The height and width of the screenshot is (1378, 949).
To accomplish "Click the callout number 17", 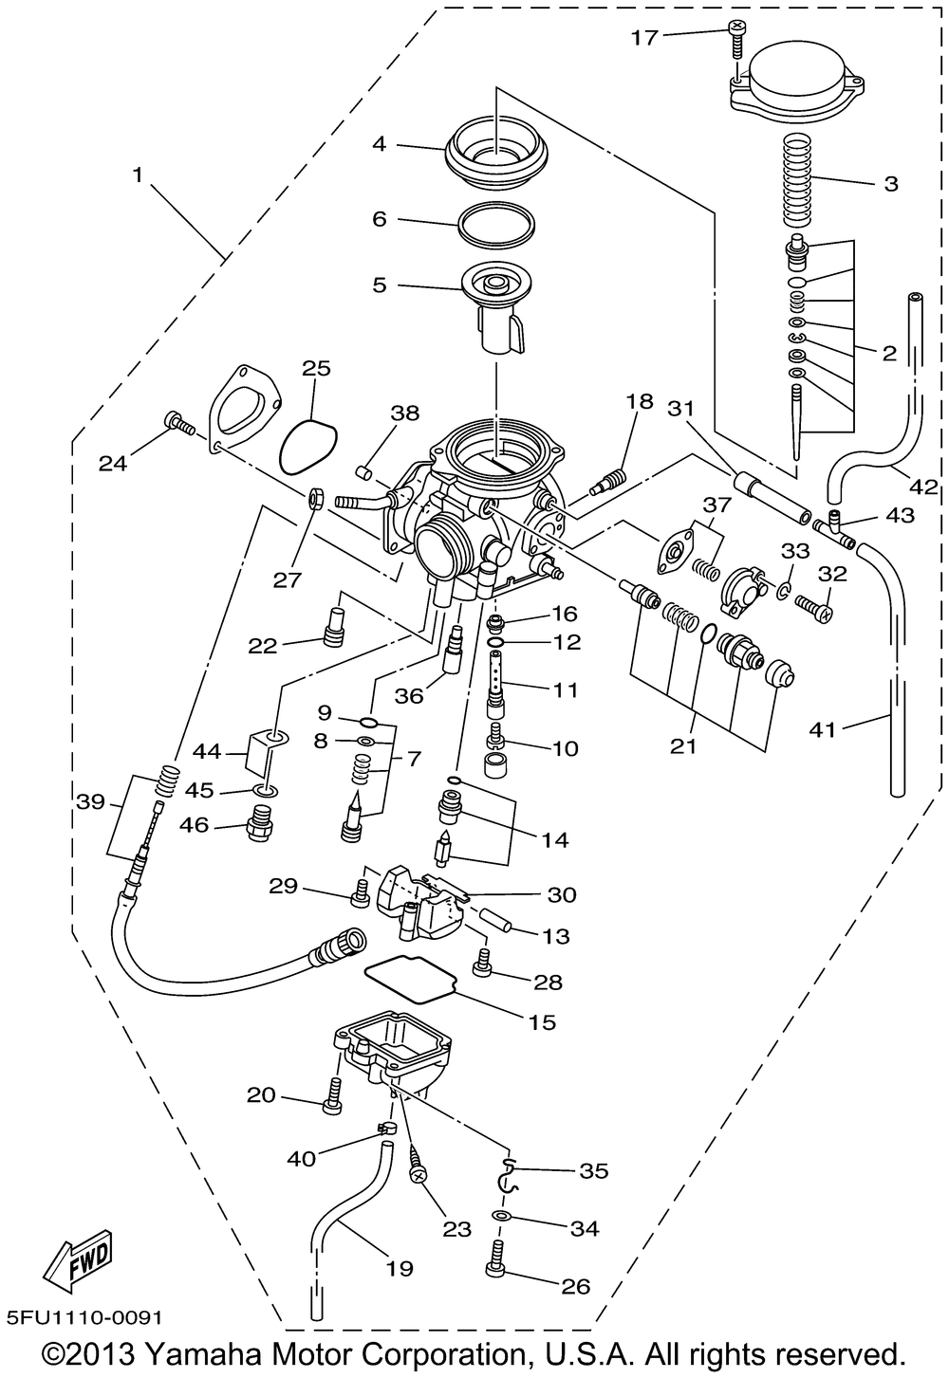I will (x=643, y=37).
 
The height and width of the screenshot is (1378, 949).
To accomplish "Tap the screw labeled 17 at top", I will (x=736, y=35).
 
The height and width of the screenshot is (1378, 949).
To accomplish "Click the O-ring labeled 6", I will (x=495, y=222).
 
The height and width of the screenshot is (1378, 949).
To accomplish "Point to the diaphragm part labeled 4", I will (x=495, y=152).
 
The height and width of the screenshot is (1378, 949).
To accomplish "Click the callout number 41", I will (x=823, y=729).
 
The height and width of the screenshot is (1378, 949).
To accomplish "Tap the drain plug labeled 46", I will (x=259, y=827).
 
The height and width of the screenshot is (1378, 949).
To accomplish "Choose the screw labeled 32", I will (x=812, y=604).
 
